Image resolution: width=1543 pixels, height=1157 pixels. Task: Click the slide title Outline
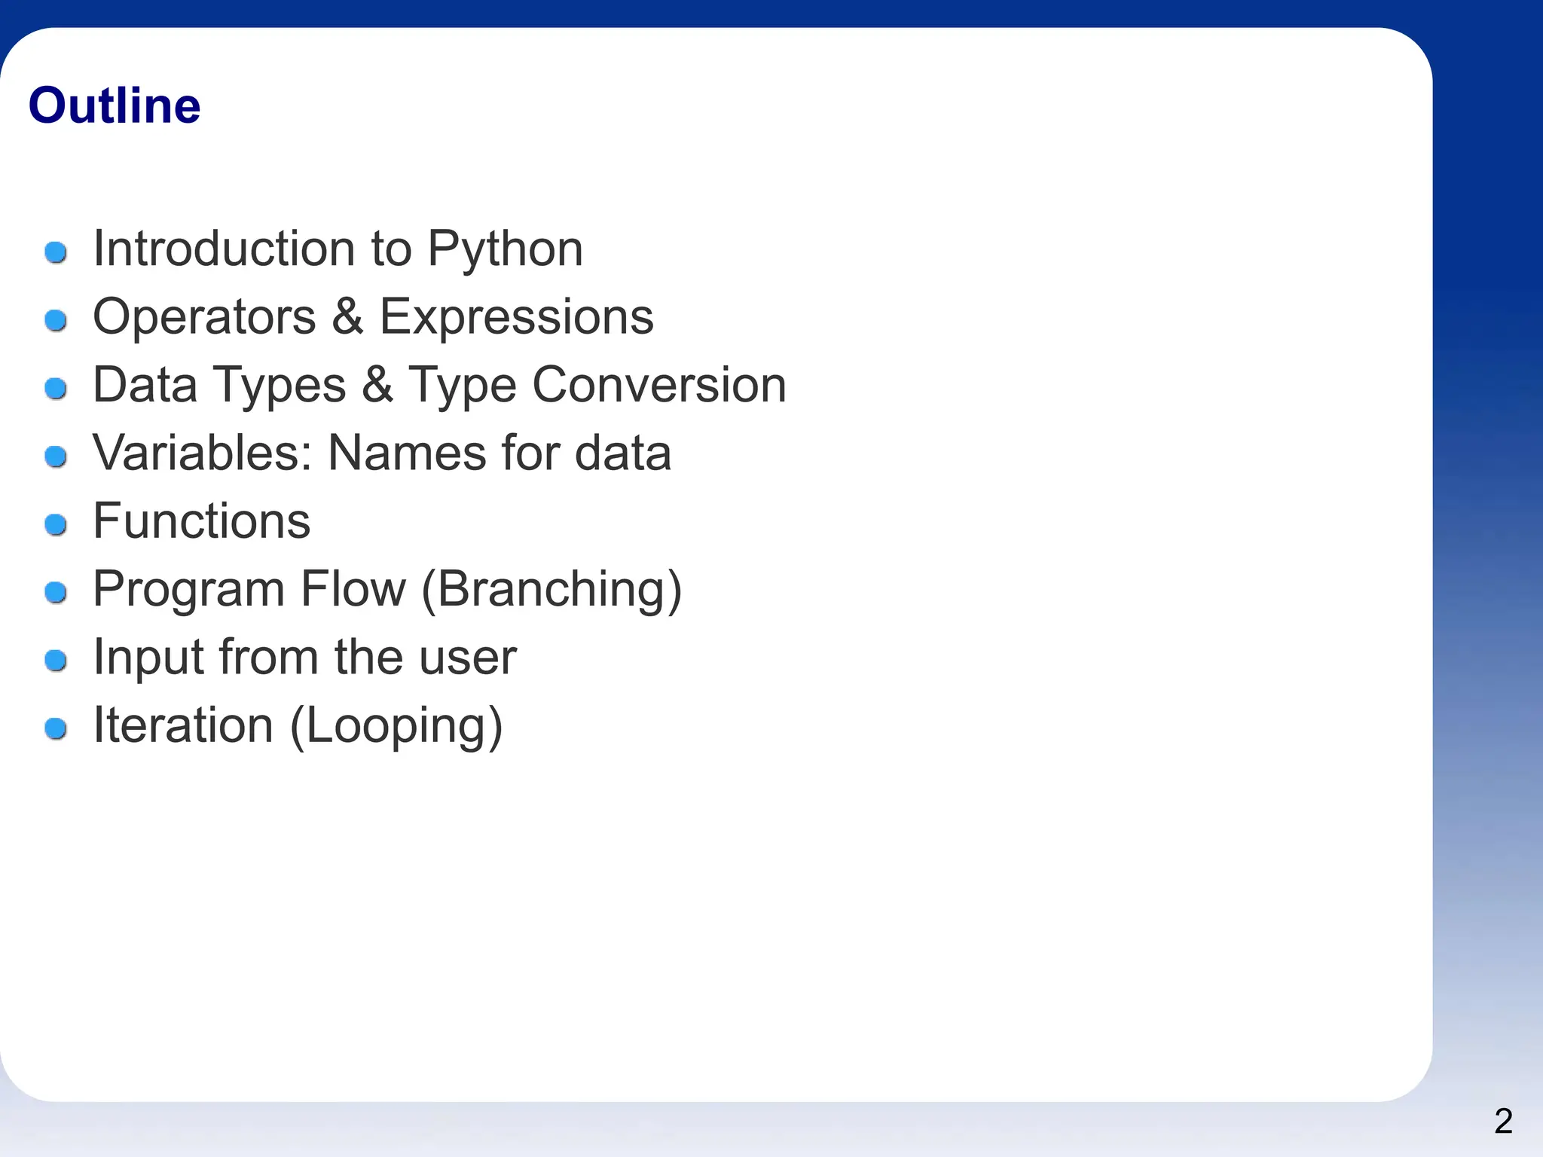(x=115, y=105)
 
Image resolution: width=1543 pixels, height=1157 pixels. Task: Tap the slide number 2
(x=1503, y=1122)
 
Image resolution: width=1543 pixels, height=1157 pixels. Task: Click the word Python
(x=505, y=249)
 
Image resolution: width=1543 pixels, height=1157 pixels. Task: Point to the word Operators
(x=204, y=316)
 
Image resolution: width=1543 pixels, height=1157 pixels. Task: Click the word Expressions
(x=516, y=316)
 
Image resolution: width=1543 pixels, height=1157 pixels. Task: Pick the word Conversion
(x=659, y=385)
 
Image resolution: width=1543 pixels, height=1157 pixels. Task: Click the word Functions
(x=201, y=520)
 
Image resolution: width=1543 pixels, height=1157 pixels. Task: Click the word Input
(x=148, y=658)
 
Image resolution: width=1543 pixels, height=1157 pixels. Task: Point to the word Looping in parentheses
(x=396, y=725)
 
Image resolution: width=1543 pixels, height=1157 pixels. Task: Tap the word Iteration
(x=182, y=725)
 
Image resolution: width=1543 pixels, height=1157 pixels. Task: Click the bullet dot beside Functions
(x=56, y=524)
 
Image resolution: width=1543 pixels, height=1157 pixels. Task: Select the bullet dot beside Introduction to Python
(x=56, y=252)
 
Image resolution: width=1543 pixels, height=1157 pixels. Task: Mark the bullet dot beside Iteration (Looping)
(x=56, y=728)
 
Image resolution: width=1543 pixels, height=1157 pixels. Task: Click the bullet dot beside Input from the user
(x=56, y=661)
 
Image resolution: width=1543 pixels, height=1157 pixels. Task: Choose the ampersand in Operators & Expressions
(x=347, y=316)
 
